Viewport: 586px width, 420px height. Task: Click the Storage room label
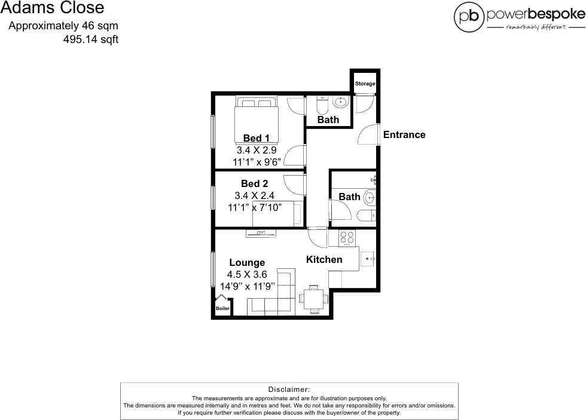365,84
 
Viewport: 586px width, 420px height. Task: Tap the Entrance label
404,134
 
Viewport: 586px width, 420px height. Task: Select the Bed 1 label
256,139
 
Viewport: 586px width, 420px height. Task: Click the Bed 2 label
255,183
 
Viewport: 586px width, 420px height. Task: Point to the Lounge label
247,262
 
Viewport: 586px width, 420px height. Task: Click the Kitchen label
324,259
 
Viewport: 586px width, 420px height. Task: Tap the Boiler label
222,308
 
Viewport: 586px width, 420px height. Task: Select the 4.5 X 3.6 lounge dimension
247,275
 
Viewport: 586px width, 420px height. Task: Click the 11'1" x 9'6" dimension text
257,162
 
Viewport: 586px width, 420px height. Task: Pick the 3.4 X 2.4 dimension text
255,195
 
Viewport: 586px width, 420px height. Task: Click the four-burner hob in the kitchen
347,238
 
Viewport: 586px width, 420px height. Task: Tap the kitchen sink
368,259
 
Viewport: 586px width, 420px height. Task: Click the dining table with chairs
314,298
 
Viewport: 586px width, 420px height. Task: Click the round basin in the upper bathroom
341,102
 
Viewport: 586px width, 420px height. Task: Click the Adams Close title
52,8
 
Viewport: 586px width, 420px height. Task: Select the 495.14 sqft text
90,40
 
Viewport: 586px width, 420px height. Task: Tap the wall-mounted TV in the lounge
261,234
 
